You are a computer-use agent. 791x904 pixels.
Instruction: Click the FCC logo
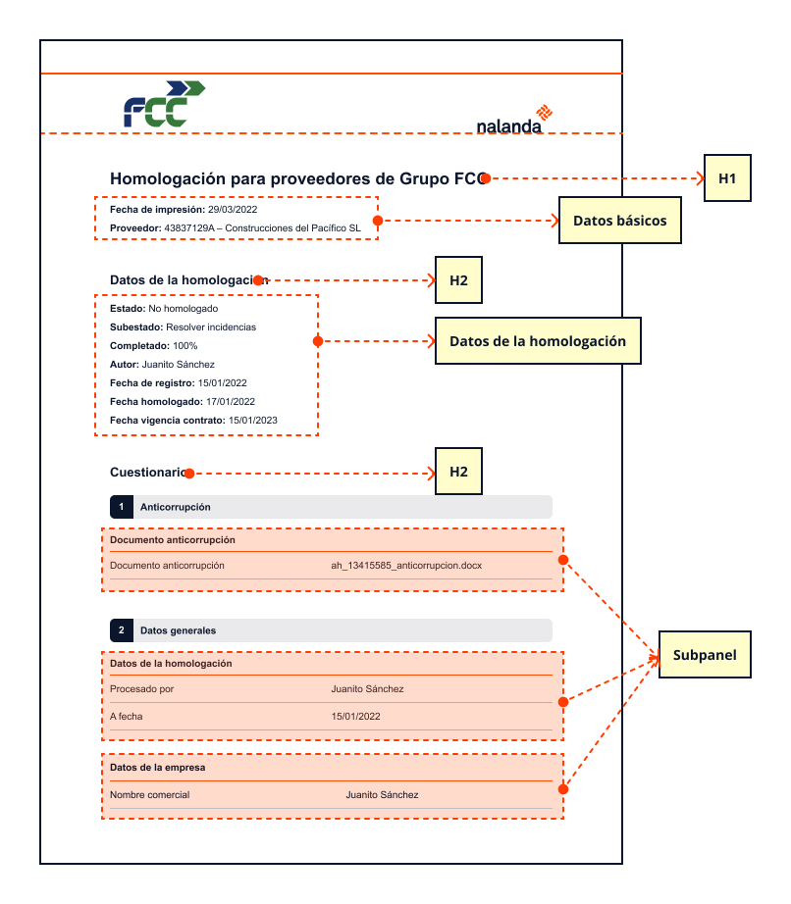[165, 104]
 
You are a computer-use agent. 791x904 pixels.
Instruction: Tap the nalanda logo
[514, 120]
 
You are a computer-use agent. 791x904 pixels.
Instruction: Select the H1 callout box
[727, 178]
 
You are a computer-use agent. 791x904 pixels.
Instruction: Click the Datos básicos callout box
[619, 221]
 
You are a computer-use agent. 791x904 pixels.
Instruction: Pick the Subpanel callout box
[705, 654]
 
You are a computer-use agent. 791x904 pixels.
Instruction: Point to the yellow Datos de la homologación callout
[538, 341]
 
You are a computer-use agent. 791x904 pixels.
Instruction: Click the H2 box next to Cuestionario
[458, 471]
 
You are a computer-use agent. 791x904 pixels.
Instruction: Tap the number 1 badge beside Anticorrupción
[122, 507]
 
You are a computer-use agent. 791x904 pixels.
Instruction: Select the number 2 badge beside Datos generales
[122, 630]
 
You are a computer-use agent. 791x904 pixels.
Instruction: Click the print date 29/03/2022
[233, 209]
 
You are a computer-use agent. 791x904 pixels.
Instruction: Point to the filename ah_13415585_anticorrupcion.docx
[406, 565]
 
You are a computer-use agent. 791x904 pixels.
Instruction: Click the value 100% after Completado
[185, 346]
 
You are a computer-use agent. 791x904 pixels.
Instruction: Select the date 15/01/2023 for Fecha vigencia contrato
[252, 421]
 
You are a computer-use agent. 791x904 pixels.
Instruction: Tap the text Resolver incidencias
[211, 326]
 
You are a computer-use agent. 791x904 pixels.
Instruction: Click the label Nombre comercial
[149, 794]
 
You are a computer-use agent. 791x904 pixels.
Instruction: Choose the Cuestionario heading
[148, 473]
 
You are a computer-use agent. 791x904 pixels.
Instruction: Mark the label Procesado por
[141, 689]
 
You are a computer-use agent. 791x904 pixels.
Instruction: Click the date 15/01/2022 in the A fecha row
[355, 716]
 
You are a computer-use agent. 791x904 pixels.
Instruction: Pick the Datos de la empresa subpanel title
[157, 768]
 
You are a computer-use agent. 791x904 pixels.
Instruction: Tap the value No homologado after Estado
[183, 309]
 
